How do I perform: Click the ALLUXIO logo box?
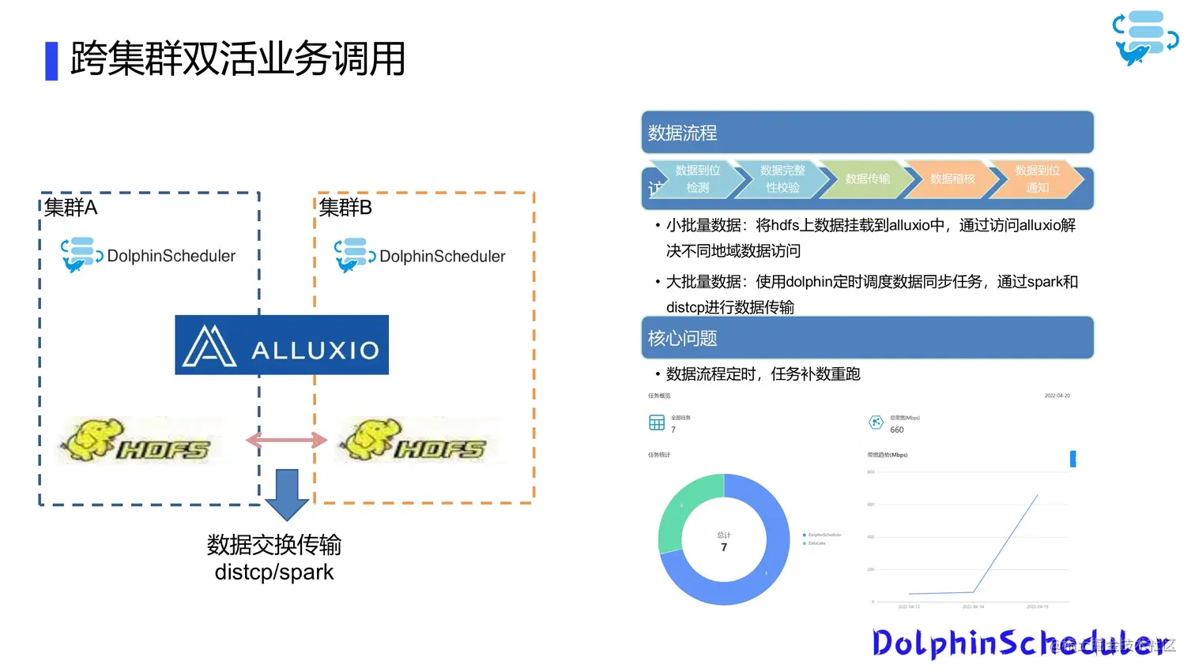[281, 345]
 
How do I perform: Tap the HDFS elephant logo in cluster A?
[139, 441]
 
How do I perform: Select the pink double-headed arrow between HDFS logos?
[286, 440]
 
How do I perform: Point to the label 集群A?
[71, 208]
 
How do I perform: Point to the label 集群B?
[345, 208]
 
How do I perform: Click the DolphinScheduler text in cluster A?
[171, 256]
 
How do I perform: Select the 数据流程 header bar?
[867, 133]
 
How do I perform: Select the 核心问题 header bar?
[867, 338]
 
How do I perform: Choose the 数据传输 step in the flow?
[867, 179]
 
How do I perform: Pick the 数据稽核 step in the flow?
[952, 179]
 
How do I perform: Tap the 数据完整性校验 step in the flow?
[782, 179]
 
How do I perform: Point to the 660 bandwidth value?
[897, 430]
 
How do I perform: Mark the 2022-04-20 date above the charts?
[1057, 396]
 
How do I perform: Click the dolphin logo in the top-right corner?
[1144, 38]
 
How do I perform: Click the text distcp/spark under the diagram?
[274, 572]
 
